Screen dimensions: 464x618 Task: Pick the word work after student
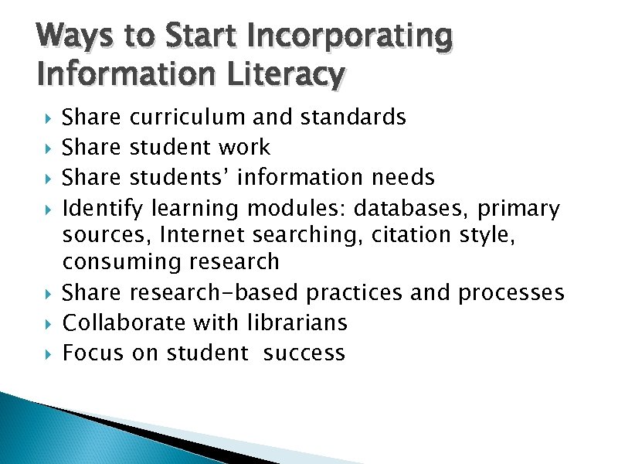point(244,147)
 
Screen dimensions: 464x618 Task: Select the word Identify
point(103,207)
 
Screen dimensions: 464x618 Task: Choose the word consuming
point(123,261)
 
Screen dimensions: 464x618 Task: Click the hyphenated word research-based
point(215,293)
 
